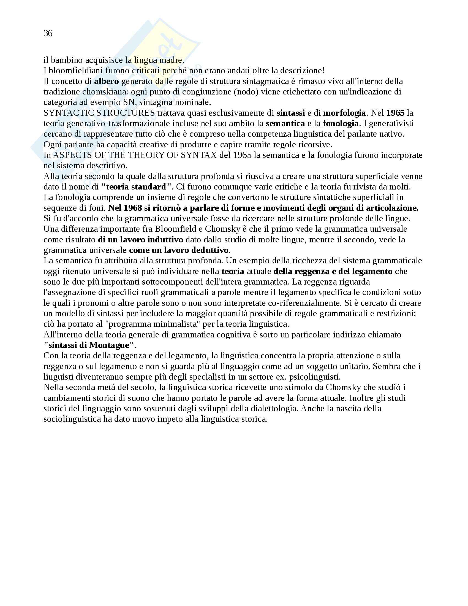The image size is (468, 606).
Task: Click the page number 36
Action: (x=48, y=33)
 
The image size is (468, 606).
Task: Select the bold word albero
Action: (x=107, y=81)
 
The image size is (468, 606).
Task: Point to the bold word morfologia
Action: (x=344, y=113)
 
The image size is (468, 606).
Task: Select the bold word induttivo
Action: (x=165, y=240)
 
